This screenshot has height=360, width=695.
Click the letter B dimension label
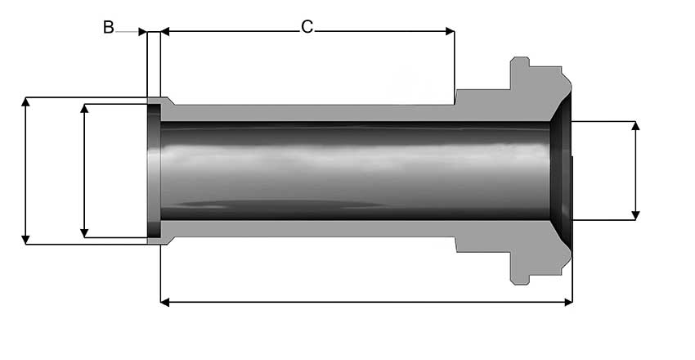point(109,27)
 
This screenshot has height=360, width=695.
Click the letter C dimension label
point(307,27)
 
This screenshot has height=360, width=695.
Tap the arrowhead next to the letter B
point(142,31)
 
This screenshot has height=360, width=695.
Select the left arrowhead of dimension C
point(165,31)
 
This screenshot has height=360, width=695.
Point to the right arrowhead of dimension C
point(450,31)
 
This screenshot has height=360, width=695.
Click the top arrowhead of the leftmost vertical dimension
point(25,101)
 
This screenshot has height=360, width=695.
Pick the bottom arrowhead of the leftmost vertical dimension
point(25,240)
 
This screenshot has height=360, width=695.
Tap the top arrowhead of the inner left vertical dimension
point(84,109)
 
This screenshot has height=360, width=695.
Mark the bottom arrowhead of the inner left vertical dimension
point(84,232)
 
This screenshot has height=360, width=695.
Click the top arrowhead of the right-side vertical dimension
point(635,126)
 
